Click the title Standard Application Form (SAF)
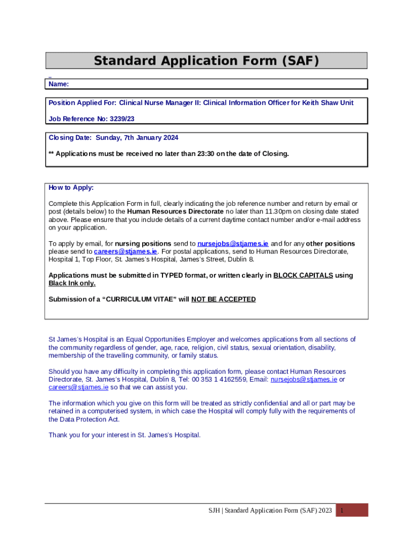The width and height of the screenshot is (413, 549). point(206,61)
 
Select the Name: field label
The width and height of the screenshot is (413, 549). point(58,84)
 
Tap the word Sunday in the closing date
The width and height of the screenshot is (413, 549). point(108,138)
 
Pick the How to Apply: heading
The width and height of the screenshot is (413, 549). point(71,188)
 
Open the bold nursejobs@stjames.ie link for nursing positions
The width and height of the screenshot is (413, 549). point(233,244)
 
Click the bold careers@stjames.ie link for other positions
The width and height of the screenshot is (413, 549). point(126,251)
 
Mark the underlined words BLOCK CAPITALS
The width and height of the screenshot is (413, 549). point(303,276)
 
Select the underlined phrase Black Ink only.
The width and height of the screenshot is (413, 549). point(72,283)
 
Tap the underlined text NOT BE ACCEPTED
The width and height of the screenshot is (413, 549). point(224,299)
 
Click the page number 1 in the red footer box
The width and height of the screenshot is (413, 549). point(342,510)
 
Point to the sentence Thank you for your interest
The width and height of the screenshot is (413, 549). point(124,435)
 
